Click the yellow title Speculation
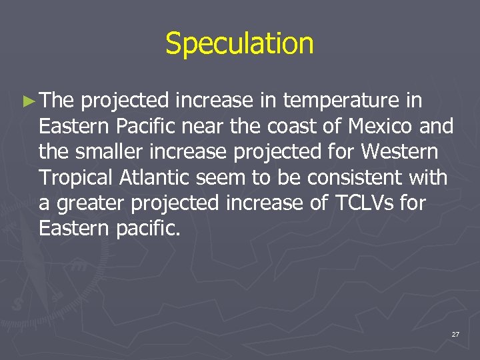pos(239,44)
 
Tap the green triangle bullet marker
pos(27,101)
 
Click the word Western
pos(399,151)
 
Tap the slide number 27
pos(455,334)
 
